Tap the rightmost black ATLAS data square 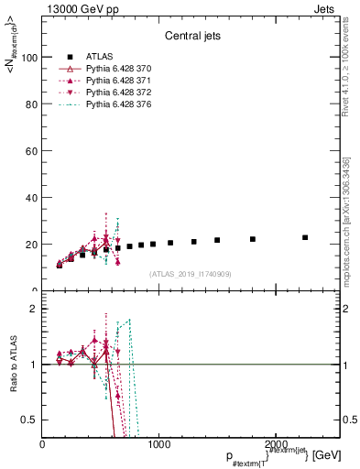pos(305,237)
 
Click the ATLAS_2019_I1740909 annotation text pos(189,274)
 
